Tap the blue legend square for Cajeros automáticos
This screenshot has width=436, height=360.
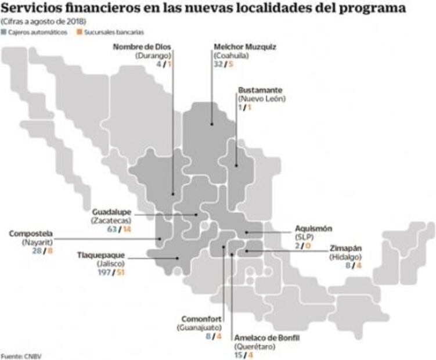(x=5, y=31)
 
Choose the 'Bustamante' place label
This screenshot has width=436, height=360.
(x=260, y=90)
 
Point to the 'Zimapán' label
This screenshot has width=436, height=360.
(x=347, y=247)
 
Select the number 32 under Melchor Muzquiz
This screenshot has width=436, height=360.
(x=218, y=64)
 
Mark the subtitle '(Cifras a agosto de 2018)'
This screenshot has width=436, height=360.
(x=44, y=21)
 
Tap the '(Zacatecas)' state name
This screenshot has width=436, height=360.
(x=111, y=221)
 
